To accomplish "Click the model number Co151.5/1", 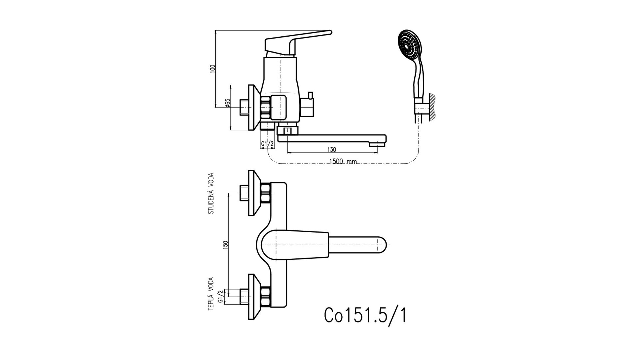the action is pyautogui.click(x=365, y=315).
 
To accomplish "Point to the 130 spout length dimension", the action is pyautogui.click(x=332, y=150).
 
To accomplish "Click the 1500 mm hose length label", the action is pyautogui.click(x=343, y=162).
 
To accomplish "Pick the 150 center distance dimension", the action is pyautogui.click(x=226, y=245).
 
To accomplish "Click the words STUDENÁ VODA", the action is pyautogui.click(x=211, y=193).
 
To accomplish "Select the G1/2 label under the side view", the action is pyautogui.click(x=267, y=144).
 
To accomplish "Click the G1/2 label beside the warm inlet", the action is pyautogui.click(x=220, y=296).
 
